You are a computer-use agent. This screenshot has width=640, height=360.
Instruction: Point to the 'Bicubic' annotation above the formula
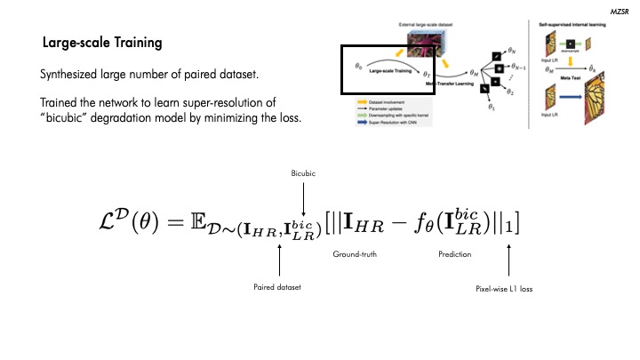[x=304, y=172]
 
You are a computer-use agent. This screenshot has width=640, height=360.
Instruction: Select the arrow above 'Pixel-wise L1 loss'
[x=508, y=261]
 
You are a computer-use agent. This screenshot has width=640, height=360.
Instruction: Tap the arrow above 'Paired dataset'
[x=279, y=261]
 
